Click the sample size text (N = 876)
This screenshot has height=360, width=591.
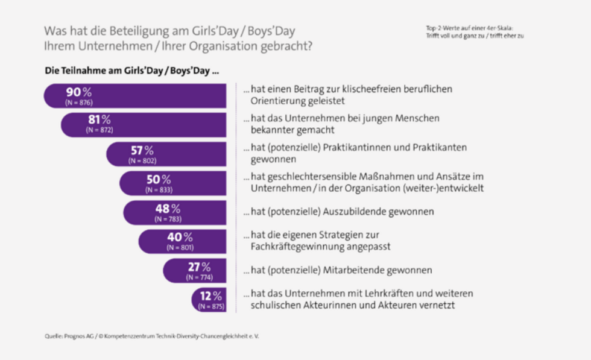coord(78,103)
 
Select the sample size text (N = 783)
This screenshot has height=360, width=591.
coord(167,219)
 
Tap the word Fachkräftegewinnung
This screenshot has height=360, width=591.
coord(293,246)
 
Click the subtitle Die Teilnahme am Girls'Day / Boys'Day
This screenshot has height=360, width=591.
coord(131,71)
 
